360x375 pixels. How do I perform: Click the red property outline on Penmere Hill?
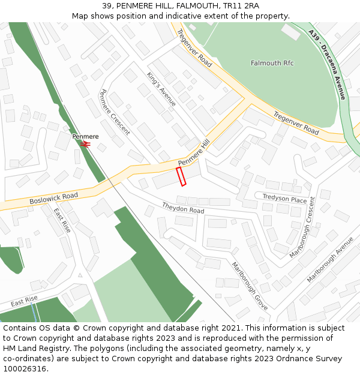181,177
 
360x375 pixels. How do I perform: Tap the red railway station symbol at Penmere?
85,144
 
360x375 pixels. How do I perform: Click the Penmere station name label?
86,137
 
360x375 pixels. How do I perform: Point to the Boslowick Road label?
54,199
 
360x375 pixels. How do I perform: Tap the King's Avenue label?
161,89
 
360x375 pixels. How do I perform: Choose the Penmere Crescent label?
114,112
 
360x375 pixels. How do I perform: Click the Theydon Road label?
183,208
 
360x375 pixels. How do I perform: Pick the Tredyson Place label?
284,199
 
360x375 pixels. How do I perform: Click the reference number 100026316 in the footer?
25,368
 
